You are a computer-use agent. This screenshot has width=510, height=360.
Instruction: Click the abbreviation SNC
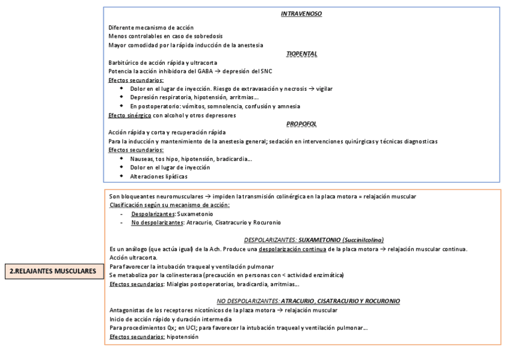[x=265, y=71]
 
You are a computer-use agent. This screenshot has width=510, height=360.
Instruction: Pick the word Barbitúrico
[x=123, y=63]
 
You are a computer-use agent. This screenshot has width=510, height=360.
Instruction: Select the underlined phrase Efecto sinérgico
[x=129, y=115]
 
